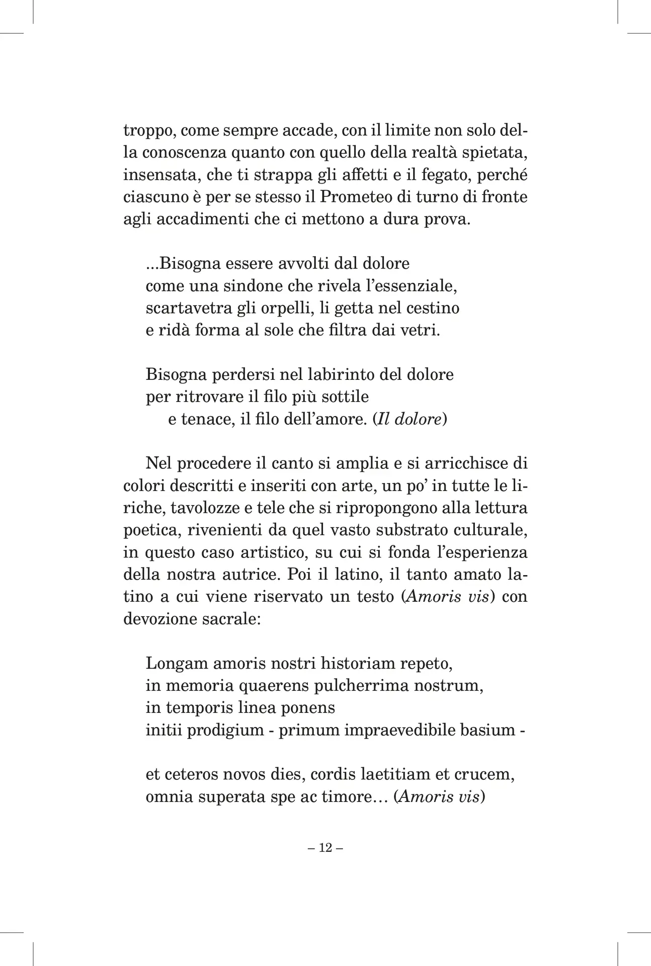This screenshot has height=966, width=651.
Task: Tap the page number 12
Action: [x=326, y=848]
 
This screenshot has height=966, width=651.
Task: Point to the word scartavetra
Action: [x=188, y=308]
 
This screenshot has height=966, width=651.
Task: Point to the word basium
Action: [x=487, y=730]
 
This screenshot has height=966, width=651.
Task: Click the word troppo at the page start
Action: [x=148, y=131]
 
